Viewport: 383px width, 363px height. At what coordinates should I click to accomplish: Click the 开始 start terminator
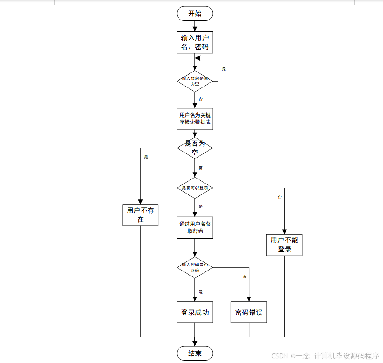coord(195,14)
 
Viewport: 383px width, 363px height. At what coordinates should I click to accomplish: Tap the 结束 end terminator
coord(195,353)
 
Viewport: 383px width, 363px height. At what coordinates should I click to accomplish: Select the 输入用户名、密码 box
coord(195,42)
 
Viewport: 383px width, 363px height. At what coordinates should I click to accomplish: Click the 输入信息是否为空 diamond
coord(195,81)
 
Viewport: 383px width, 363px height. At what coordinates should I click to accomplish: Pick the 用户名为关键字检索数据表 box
coord(195,118)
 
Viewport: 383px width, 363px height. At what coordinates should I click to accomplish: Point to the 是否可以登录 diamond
coord(195,188)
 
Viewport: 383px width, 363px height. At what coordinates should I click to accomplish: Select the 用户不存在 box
coord(140,215)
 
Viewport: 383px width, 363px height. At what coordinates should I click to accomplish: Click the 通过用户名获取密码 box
coord(195,227)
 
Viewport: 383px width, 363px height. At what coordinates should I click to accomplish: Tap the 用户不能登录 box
coord(285,245)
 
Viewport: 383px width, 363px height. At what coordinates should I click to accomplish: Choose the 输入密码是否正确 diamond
coord(195,267)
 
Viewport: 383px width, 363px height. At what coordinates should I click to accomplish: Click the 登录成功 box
coord(195,312)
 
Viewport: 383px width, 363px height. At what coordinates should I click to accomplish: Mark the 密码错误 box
coord(249,312)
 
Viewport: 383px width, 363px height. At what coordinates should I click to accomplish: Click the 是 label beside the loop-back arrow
coord(224,69)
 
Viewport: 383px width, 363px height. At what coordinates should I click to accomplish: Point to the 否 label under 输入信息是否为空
coord(200,98)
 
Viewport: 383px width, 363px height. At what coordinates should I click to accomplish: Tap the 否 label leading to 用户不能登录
coord(280,197)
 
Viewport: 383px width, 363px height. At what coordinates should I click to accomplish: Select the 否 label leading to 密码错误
coord(245,276)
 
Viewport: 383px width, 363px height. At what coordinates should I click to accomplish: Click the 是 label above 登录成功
coord(200,292)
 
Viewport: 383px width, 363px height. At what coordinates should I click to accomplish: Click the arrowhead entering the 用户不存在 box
coord(140,202)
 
